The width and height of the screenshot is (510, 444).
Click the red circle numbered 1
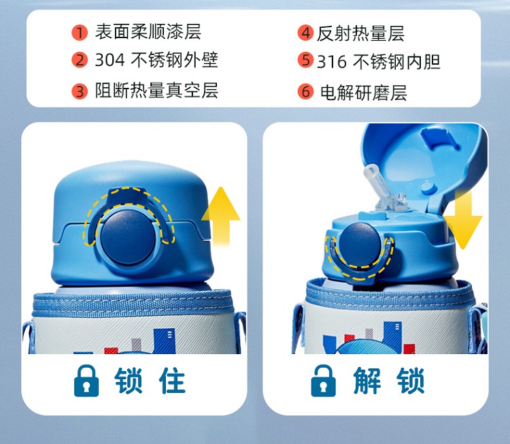(80, 33)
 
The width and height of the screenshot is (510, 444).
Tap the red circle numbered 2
(80, 60)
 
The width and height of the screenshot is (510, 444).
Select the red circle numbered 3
(80, 91)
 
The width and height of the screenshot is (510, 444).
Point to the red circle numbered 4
(305, 33)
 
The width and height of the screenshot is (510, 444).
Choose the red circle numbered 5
(305, 60)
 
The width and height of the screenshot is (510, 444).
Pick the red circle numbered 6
(305, 91)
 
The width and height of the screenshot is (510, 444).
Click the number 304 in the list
(109, 60)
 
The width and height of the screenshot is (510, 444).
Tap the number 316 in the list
(332, 61)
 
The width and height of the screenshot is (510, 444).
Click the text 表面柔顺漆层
(148, 32)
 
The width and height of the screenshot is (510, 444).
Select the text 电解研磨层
(364, 93)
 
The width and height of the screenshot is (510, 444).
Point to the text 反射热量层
(360, 33)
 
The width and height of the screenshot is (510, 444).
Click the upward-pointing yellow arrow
(221, 216)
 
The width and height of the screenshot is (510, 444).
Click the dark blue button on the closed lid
(128, 237)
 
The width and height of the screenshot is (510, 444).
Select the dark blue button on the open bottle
(359, 245)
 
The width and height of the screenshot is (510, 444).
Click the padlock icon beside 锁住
(86, 381)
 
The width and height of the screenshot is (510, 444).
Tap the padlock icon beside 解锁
(323, 381)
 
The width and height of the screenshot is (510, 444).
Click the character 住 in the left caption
(172, 381)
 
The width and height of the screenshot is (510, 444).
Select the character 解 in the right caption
(367, 381)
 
